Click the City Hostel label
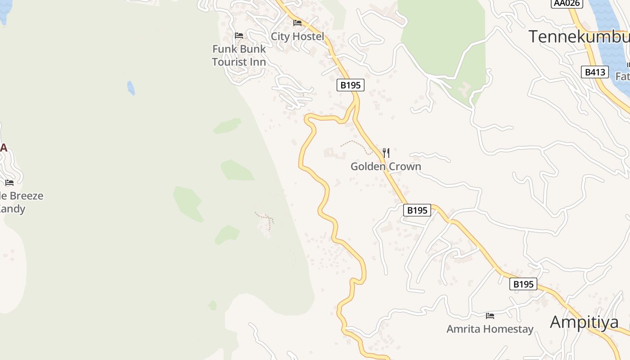pos(297,36)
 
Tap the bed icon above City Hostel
pos(297,22)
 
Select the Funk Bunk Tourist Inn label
pos(239,55)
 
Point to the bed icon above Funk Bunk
pos(239,36)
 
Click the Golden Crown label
pos(386,166)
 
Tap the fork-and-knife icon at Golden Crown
pos(386,153)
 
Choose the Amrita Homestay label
pos(490,329)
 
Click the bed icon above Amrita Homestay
pos(490,316)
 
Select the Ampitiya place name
pos(584,322)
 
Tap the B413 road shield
pos(594,72)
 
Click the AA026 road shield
pos(567,3)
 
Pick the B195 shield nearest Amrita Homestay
pos(523,284)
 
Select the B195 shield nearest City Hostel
pos(350,85)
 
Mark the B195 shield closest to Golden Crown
pos(417,210)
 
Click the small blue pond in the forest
pos(131,88)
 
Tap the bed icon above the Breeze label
pos(9,183)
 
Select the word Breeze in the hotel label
pos(27,196)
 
